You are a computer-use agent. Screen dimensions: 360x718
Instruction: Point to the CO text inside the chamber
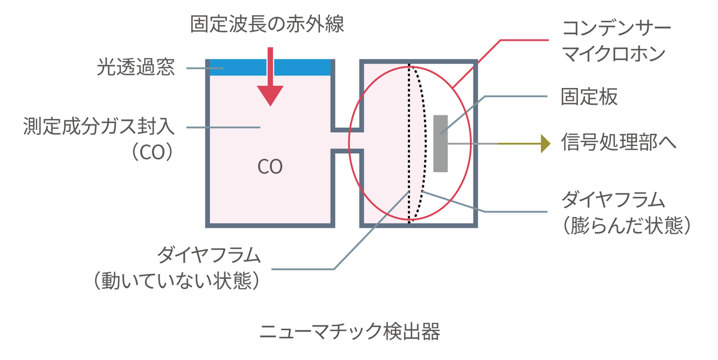coord(270,167)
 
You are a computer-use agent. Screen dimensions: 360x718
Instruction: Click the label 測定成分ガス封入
coord(99,127)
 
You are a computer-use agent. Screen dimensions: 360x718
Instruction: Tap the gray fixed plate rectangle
coord(440,144)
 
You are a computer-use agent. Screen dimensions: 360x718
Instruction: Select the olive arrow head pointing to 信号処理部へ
coord(544,144)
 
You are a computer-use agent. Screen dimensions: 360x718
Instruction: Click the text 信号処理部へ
coord(619,144)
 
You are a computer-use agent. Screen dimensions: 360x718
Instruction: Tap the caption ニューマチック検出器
coord(350,332)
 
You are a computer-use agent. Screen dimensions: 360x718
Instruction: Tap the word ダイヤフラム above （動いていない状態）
coord(209,256)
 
